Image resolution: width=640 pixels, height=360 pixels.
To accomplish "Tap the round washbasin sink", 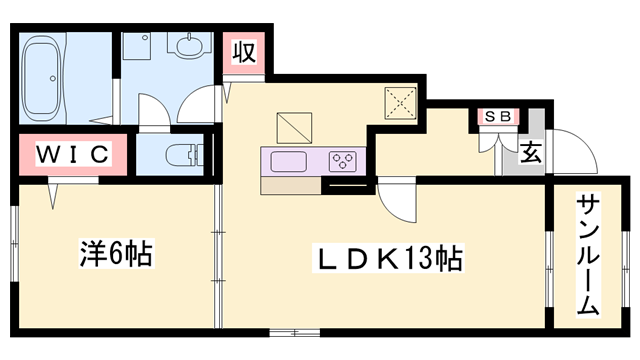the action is click(187, 46).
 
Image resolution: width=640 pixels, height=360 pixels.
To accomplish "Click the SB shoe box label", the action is click(498, 116).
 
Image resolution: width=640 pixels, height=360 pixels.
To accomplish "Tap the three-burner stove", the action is click(343, 160).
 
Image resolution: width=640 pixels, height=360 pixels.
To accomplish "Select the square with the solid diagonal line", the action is click(294, 126).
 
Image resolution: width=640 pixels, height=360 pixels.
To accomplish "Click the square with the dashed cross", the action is click(403, 102).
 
